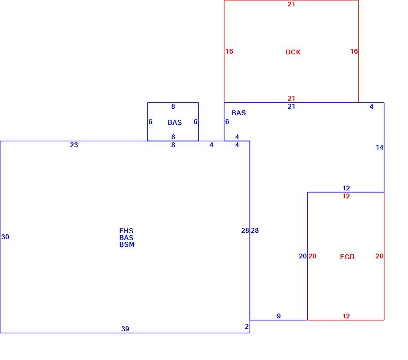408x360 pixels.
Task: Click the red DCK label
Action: pos(293,52)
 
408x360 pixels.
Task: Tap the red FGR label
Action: pos(347,257)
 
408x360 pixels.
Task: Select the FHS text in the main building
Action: pos(126,231)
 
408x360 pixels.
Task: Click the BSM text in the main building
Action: pos(127,244)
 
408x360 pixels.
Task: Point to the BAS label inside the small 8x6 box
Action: pos(174,122)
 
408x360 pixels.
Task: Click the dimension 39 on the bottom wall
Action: pos(125,329)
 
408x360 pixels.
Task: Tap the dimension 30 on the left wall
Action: pos(5,237)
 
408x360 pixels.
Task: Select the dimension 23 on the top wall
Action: pos(74,145)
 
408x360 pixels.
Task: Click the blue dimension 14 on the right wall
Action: pos(380,148)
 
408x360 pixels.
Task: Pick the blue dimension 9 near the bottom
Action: pos(279,316)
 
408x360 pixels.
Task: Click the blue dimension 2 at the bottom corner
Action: pos(247,326)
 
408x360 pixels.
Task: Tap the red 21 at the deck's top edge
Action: pos(292,4)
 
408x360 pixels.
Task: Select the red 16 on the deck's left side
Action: pos(229,51)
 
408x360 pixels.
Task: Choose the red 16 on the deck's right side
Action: pos(354,51)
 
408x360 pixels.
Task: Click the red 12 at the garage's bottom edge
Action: pos(346,316)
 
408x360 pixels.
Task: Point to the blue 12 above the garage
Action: pos(346,188)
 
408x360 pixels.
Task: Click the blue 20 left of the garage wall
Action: pos(303,256)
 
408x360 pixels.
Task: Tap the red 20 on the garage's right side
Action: pos(379,256)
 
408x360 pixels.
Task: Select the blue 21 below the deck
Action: pos(292,106)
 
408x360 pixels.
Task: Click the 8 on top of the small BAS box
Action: pos(173,106)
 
